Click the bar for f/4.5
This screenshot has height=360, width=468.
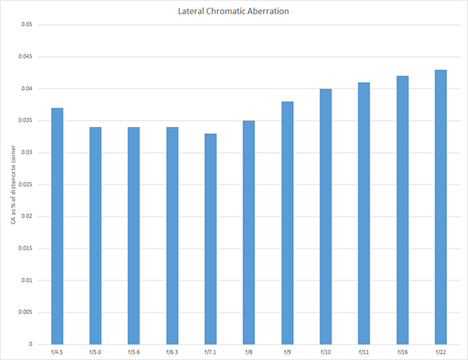click(57, 226)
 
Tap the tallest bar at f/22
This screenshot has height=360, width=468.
click(441, 206)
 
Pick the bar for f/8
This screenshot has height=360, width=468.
click(249, 232)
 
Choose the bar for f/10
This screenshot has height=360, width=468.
click(325, 216)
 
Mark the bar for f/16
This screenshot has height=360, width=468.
click(402, 210)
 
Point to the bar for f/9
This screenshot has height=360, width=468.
click(287, 223)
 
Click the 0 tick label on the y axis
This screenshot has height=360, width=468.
click(31, 344)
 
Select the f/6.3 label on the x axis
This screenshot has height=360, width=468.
click(172, 352)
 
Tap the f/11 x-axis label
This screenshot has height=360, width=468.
click(363, 352)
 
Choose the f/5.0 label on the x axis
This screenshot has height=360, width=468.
click(96, 352)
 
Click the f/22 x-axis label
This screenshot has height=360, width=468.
click(441, 352)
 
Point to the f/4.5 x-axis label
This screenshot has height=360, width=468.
click(57, 352)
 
